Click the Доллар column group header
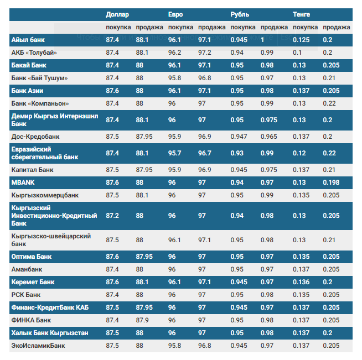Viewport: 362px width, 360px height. [x=117, y=14]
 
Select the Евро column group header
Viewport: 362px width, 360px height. [x=175, y=14]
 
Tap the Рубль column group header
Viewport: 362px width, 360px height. [x=240, y=14]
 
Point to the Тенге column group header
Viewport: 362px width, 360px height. [x=301, y=14]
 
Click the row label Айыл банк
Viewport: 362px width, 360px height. [x=28, y=40]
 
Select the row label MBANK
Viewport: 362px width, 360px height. [x=23, y=182]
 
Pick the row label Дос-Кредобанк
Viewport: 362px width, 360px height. [x=35, y=137]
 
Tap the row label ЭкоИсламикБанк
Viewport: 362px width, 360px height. [x=38, y=346]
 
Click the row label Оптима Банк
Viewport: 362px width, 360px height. [x=32, y=257]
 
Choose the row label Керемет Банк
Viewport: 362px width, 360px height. [x=33, y=282]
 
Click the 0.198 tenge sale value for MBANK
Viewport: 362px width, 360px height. [x=331, y=182]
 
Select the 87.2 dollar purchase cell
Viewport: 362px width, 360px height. [x=112, y=216]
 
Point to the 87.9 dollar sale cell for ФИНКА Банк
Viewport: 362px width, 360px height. [x=142, y=320]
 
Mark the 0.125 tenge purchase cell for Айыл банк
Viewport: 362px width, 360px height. [x=301, y=40]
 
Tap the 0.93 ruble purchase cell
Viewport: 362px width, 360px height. [x=237, y=153]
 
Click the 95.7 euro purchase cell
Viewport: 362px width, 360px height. [x=174, y=153]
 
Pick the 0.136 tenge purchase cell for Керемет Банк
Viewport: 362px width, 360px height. [x=301, y=282]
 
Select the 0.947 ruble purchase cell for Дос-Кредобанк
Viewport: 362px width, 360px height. [x=239, y=137]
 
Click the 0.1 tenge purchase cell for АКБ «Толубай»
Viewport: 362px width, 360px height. [x=297, y=53]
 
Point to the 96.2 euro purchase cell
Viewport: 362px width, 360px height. [x=174, y=53]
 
